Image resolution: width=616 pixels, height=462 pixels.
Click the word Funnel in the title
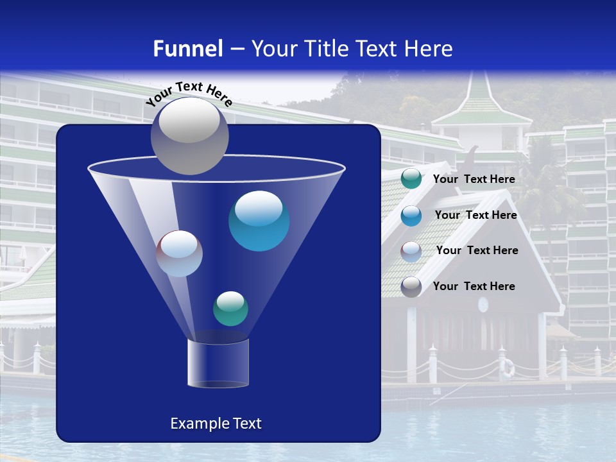(187, 49)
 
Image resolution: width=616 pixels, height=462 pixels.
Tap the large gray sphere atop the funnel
(189, 136)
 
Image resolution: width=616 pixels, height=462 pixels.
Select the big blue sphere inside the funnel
(259, 221)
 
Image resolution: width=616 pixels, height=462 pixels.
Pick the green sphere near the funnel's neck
(230, 309)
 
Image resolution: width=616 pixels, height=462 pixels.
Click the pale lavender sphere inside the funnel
(179, 253)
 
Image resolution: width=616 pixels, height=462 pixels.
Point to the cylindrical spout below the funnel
(218, 363)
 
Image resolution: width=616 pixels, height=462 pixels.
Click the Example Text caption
(216, 424)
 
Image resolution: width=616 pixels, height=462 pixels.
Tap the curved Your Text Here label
(189, 93)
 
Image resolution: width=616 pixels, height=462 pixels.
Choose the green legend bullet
(411, 179)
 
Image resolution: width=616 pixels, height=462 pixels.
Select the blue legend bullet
(411, 216)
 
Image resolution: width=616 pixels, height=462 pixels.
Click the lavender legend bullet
(411, 252)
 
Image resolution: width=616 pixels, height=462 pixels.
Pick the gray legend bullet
(411, 287)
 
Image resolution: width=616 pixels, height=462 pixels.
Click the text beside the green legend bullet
(474, 180)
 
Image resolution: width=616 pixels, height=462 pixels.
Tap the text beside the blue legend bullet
(475, 216)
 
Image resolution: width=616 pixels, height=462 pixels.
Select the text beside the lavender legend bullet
(477, 251)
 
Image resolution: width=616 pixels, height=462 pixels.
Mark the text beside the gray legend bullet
(474, 287)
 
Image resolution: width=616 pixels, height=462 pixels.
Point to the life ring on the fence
(508, 368)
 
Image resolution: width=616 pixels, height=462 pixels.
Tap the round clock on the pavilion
(483, 304)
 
